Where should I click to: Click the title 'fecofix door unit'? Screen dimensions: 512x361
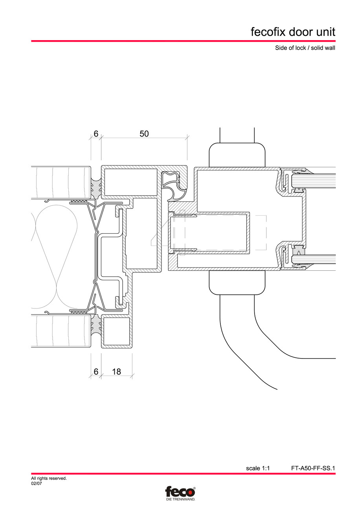(x=293, y=31)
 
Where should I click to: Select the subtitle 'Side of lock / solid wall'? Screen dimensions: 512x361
(x=305, y=49)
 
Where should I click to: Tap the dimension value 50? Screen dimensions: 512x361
(x=144, y=134)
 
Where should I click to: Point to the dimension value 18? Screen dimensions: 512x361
(x=116, y=371)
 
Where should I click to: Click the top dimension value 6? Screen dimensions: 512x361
(x=96, y=134)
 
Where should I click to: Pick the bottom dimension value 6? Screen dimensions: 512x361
(x=96, y=371)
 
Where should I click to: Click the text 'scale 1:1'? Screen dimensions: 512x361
(x=258, y=468)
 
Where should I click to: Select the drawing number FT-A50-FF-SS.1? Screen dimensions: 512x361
(x=313, y=468)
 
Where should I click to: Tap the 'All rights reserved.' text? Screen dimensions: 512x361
(x=49, y=479)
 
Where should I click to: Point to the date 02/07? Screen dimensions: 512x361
(x=37, y=484)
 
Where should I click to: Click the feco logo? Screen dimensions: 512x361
(x=180, y=492)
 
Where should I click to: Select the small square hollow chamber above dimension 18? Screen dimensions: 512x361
(x=116, y=331)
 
